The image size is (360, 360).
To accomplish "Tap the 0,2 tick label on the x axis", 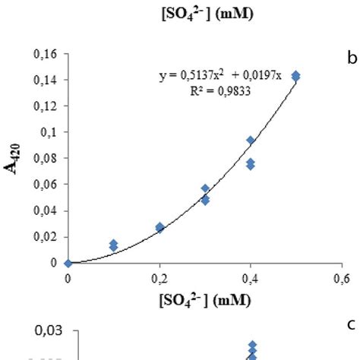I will click(x=159, y=276).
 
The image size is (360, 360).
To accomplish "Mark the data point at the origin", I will click(x=68, y=263).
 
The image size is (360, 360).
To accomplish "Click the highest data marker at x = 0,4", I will click(x=251, y=141).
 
